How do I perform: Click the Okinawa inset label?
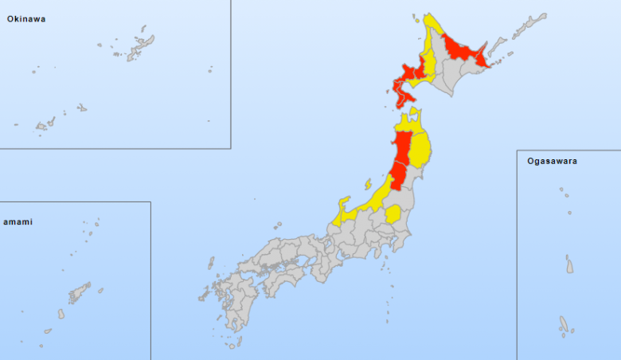coord(26,18)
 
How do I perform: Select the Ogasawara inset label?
coord(552,161)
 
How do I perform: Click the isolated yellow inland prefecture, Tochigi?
coord(393,213)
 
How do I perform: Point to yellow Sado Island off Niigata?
coord(369,184)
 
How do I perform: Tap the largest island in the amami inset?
coord(79,293)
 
